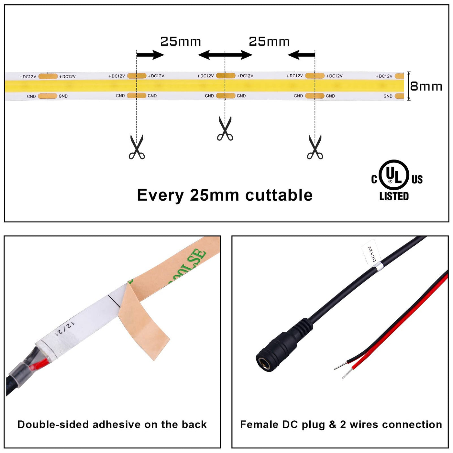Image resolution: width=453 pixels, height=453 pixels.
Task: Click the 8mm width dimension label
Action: click(x=426, y=86)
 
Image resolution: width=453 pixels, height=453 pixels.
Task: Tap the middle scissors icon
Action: click(x=225, y=128)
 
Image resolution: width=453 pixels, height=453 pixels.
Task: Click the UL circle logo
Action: click(x=394, y=175)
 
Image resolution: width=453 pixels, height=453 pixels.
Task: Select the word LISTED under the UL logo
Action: click(x=394, y=196)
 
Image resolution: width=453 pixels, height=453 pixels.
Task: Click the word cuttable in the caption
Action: click(x=279, y=195)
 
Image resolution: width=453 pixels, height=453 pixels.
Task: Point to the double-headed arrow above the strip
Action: click(x=225, y=55)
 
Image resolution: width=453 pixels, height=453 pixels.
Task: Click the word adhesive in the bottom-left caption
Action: click(x=116, y=425)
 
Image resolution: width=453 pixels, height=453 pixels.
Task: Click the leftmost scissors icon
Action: click(x=137, y=147)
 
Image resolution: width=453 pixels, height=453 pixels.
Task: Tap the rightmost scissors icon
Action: click(x=315, y=147)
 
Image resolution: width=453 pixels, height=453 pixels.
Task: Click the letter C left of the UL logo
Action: click(x=374, y=179)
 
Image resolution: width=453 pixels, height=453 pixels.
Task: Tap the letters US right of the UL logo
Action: click(x=417, y=179)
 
